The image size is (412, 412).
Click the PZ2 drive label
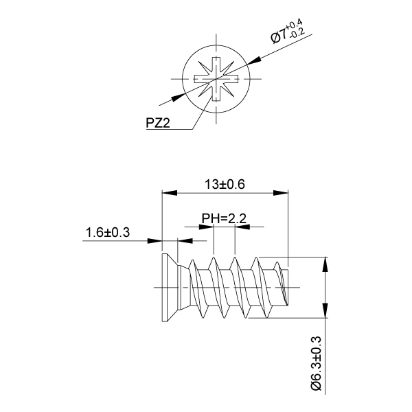coord(158,123)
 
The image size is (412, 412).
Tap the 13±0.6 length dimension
coord(225,184)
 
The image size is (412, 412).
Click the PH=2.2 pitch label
coord(224,219)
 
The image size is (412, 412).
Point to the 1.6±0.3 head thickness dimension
coord(108,232)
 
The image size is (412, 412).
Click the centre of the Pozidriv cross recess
coord(217,80)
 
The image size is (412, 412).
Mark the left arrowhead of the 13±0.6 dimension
coord(165,193)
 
